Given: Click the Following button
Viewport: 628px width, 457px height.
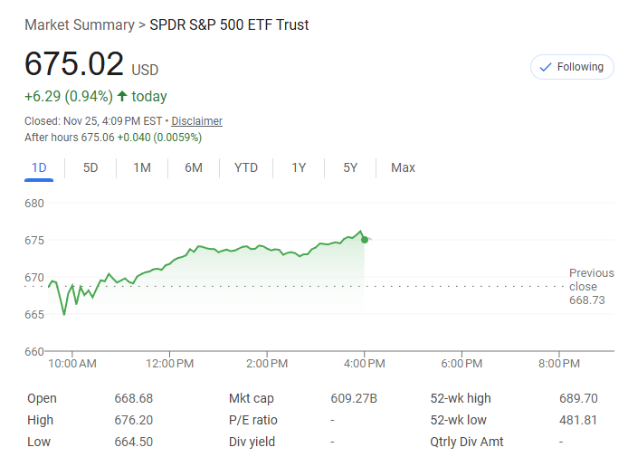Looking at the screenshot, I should (x=571, y=67).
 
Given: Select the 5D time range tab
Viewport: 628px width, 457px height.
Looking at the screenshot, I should (x=90, y=167).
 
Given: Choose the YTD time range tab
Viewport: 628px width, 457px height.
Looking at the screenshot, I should (x=246, y=167).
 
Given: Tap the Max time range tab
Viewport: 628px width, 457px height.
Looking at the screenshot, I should (x=403, y=167).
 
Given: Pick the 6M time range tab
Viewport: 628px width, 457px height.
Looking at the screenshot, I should (x=194, y=167).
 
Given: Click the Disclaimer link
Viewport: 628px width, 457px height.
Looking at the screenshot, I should (x=196, y=121).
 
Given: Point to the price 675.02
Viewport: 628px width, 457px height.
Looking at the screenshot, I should (x=74, y=64).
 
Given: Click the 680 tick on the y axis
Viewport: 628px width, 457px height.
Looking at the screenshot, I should (x=34, y=203).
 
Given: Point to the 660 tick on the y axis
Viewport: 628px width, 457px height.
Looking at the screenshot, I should (x=34, y=351).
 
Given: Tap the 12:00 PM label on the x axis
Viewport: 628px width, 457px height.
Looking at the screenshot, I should (x=170, y=364).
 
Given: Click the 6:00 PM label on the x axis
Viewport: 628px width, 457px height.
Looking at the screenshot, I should (x=461, y=364).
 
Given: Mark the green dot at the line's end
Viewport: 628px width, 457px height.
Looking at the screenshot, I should (x=365, y=239).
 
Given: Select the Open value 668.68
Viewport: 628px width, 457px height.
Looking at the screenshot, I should (x=134, y=398).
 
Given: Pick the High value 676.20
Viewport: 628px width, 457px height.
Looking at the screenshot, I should (x=134, y=420).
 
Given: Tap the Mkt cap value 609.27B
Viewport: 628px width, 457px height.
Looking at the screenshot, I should (x=354, y=398).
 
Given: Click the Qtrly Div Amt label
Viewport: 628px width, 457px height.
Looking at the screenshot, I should (x=467, y=442).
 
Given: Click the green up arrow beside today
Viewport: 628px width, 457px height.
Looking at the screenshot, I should (x=122, y=96).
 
